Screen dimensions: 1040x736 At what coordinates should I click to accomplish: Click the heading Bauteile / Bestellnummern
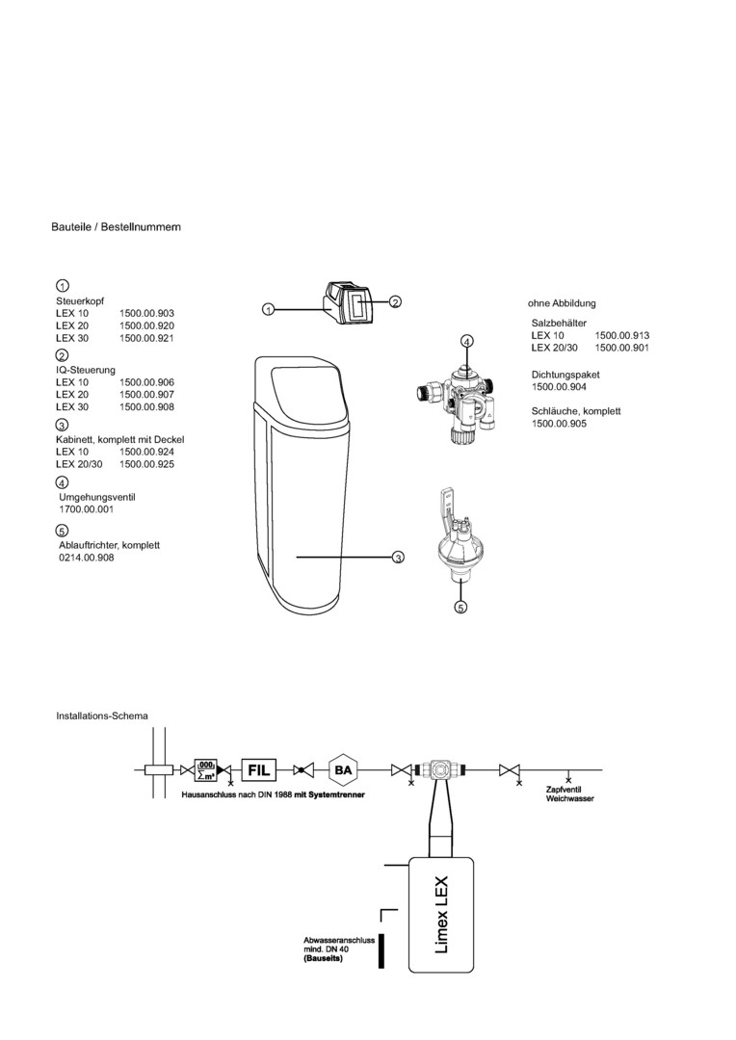116,227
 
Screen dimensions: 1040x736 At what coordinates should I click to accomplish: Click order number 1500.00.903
146,314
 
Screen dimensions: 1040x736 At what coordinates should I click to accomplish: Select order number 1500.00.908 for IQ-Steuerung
146,406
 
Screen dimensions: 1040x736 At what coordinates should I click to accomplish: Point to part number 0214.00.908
87,558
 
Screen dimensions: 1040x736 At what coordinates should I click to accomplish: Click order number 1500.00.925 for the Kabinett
146,463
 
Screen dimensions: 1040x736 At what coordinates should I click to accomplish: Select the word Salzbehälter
559,323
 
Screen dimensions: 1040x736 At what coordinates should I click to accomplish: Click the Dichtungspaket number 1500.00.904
559,386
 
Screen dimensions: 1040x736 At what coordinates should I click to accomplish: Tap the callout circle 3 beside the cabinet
398,558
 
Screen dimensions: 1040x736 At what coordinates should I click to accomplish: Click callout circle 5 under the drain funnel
460,608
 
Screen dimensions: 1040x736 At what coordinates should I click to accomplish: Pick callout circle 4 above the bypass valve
466,341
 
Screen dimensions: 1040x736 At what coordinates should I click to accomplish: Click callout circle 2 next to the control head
395,302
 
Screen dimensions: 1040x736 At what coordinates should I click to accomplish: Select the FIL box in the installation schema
259,770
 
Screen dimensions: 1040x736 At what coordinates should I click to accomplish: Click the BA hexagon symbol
343,770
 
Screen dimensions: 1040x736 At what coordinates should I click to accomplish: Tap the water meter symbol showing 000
205,768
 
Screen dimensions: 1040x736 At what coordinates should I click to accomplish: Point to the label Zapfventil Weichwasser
569,793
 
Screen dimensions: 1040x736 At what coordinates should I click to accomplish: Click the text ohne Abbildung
562,303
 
